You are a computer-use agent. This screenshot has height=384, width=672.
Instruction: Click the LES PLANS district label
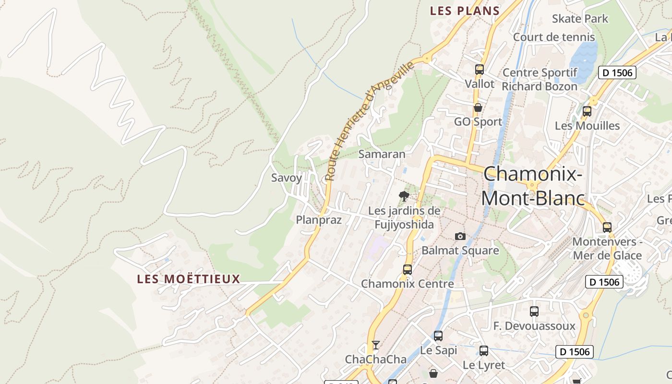(x=465, y=11)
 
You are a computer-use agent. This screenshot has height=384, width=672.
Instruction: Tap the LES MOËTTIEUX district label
(x=188, y=279)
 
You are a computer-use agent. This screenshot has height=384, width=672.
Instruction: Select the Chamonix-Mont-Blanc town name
(x=533, y=186)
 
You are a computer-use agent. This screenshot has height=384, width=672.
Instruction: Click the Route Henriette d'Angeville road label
(x=369, y=121)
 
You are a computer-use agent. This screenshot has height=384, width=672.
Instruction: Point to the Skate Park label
(x=580, y=19)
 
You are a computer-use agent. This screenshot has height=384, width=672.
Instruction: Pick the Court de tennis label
(x=553, y=37)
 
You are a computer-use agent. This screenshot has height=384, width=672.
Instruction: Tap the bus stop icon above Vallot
(x=479, y=70)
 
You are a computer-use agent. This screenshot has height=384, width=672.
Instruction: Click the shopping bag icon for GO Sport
(x=478, y=108)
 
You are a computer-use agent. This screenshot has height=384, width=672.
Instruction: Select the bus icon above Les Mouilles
(x=587, y=111)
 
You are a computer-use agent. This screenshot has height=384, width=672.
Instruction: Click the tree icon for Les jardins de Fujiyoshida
(x=404, y=196)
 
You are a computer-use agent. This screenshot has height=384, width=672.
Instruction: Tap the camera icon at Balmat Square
(x=460, y=236)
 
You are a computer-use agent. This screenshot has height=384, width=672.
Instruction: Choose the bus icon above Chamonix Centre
(x=407, y=269)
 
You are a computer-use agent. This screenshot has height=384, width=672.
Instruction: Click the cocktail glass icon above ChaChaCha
(x=375, y=345)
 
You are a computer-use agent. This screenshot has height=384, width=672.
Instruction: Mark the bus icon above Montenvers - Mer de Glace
(x=607, y=227)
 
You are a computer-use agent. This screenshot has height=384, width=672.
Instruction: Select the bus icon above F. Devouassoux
(x=534, y=311)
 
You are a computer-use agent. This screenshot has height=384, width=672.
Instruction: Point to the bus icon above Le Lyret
(x=483, y=350)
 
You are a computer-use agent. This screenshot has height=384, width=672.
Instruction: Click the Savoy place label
(x=287, y=178)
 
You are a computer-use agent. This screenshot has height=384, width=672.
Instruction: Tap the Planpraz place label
(x=319, y=220)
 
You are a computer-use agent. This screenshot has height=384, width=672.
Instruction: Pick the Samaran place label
(x=382, y=154)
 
